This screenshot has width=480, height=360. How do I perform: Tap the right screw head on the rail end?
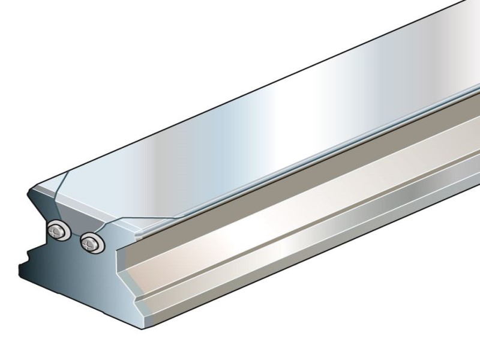point(91,243)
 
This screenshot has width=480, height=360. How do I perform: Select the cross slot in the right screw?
point(91,243)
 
